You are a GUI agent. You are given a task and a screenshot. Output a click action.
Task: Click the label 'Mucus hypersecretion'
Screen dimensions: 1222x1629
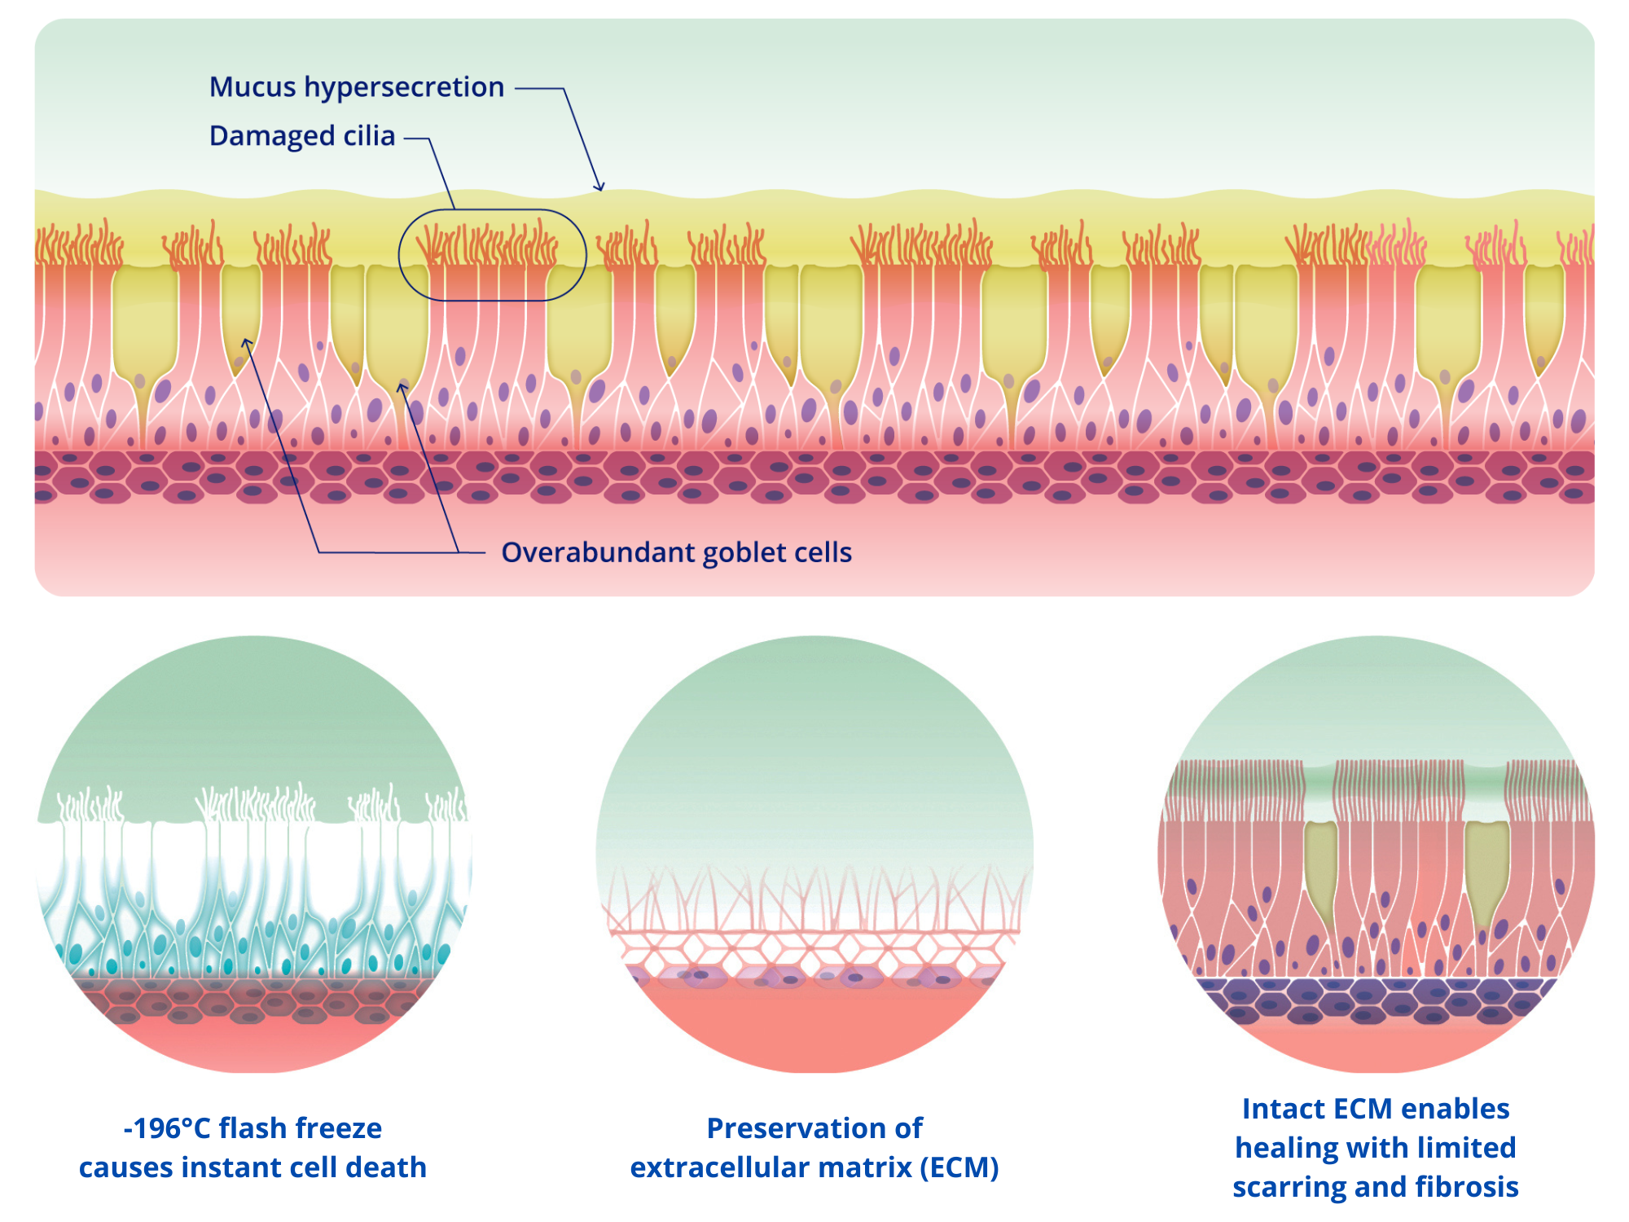[357, 87]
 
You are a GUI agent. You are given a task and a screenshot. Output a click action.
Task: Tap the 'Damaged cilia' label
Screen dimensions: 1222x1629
[302, 136]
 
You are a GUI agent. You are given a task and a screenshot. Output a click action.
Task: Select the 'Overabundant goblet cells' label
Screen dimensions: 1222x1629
[676, 552]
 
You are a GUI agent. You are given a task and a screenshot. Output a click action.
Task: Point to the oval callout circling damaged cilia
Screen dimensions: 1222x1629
[492, 255]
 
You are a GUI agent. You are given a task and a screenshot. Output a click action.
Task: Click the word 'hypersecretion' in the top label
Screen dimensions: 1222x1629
[404, 87]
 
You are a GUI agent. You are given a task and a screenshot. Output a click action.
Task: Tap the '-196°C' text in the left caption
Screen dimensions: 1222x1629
[166, 1128]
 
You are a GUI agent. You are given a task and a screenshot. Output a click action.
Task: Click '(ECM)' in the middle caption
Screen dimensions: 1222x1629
[959, 1167]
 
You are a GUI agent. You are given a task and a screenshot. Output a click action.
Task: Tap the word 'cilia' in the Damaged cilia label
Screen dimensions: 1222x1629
[369, 136]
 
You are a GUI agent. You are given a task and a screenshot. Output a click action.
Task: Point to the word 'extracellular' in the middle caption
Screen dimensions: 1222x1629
[771, 1167]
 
